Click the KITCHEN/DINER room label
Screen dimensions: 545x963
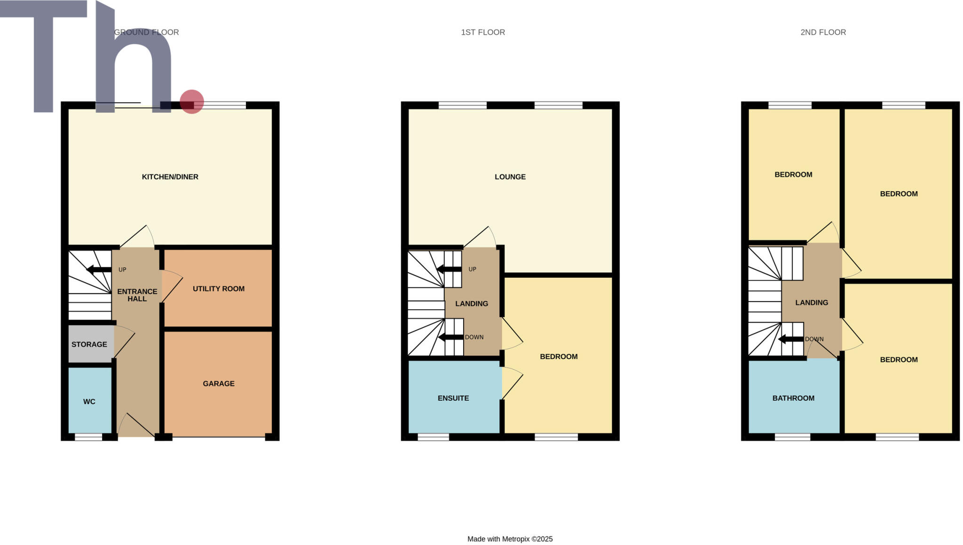(170, 177)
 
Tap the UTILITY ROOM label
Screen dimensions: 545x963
(219, 288)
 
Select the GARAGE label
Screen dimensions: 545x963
(219, 383)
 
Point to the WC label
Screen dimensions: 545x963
(89, 401)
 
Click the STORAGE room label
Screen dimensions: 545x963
(89, 344)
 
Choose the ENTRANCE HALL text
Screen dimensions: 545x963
(137, 295)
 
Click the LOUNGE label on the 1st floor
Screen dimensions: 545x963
(510, 177)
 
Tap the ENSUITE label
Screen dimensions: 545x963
(453, 398)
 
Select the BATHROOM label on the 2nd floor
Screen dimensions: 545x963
(793, 398)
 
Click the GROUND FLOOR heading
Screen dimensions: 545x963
(147, 32)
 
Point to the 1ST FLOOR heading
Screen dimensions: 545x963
(483, 32)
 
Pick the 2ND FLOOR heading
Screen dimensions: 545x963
(823, 32)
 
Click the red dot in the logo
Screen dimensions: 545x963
(192, 101)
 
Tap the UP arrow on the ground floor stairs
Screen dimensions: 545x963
(99, 270)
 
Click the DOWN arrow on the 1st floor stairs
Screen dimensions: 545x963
(450, 337)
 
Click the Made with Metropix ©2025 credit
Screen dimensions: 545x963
(510, 539)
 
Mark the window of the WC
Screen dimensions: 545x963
(88, 437)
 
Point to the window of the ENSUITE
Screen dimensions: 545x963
(433, 437)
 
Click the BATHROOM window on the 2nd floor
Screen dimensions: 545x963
(792, 437)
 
